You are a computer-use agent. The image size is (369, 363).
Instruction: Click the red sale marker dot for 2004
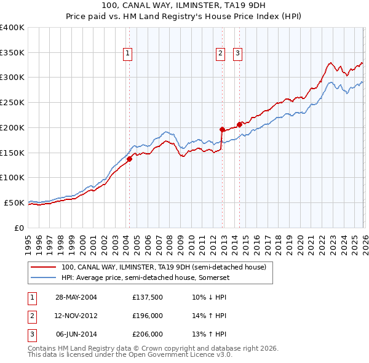coord(130,159)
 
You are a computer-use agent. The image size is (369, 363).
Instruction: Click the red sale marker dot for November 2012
coord(221,129)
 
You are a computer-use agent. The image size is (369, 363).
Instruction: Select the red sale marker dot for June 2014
coord(239,124)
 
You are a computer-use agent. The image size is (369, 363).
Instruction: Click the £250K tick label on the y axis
coord(12,103)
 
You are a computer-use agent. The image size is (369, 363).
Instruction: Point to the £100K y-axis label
coord(12,177)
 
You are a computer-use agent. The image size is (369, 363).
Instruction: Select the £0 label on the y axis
coord(18,228)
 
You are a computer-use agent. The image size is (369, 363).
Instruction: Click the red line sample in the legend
coord(44,267)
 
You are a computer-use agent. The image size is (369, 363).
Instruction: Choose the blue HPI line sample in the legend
coord(44,277)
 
